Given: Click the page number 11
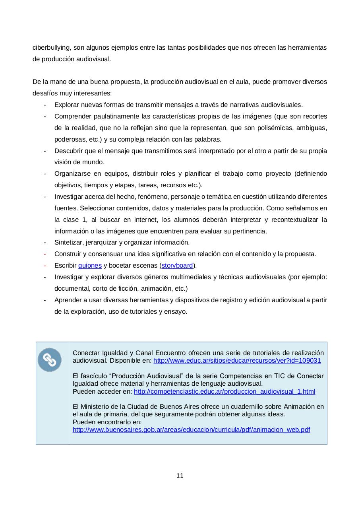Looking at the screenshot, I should click(180, 476).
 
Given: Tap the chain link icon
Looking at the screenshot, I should click(50, 360).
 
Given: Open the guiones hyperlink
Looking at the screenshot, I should click(90, 266).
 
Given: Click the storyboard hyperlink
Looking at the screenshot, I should click(177, 266).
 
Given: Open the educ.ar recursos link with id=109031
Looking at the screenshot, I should click(237, 361).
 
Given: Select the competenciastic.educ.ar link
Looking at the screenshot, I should click(225, 392).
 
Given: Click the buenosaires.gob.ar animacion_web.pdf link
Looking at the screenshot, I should click(191, 430).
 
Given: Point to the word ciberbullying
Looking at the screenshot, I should click(52, 48).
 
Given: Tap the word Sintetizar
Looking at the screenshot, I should click(68, 243).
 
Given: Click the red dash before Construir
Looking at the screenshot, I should click(45, 254).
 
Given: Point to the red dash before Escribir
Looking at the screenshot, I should click(45, 266).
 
